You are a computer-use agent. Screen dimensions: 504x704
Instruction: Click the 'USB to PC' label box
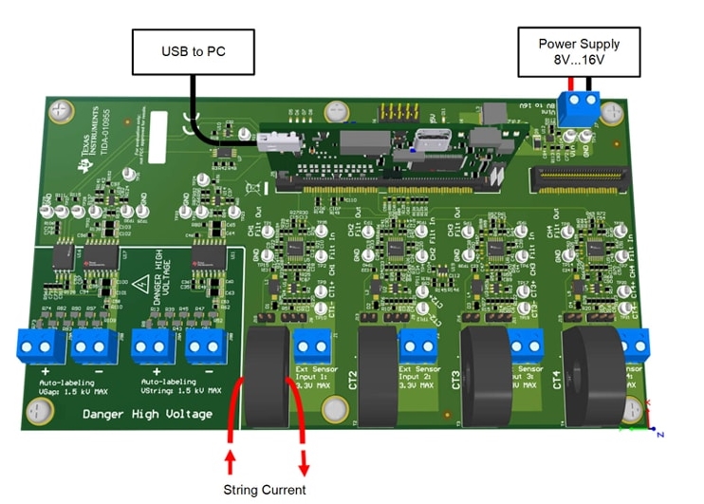[195, 51]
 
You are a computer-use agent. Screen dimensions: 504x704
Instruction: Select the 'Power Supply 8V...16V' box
[579, 51]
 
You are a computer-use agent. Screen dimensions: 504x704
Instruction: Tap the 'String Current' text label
[265, 490]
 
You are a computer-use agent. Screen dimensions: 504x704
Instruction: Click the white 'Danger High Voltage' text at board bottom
[147, 414]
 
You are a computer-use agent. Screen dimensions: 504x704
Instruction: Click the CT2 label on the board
[354, 381]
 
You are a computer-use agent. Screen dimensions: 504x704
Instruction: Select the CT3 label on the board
[456, 381]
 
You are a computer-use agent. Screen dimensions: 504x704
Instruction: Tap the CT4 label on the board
[558, 381]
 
